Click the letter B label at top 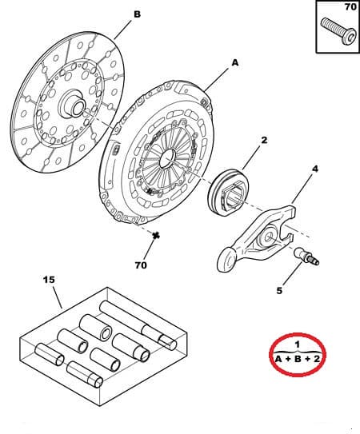(x=136, y=14)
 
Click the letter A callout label (x=234, y=62)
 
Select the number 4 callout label (x=314, y=169)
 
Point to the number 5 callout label (x=279, y=291)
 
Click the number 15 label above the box (x=49, y=281)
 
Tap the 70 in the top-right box (x=350, y=7)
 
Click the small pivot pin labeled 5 (x=307, y=257)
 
